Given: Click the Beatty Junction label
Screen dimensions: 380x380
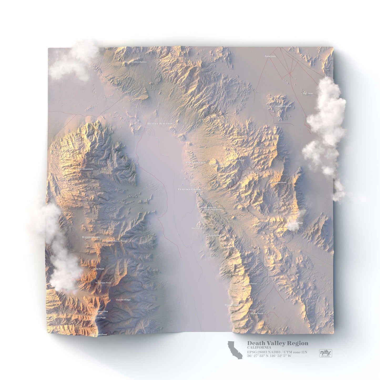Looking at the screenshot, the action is [160, 123].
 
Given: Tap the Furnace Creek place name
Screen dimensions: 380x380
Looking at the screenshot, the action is [189, 189].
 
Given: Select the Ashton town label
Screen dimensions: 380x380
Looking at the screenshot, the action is [270, 56].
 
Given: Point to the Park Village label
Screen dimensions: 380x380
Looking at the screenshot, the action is [196, 163].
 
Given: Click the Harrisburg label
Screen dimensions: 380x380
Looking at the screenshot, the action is [91, 237].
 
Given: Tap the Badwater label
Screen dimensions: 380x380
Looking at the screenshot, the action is [232, 305].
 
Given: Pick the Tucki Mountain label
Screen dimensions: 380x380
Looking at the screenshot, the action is [84, 169].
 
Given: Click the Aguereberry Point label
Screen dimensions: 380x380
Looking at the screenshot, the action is [116, 241].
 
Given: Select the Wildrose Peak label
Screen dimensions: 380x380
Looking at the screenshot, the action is [103, 283].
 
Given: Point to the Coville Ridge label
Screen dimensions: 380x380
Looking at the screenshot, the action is [123, 300].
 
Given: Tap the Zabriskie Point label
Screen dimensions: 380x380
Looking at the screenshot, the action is [213, 210].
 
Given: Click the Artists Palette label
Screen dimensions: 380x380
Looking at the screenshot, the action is [216, 235].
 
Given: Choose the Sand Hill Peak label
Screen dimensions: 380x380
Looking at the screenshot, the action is [283, 106].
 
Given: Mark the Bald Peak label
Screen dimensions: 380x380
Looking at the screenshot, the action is [99, 269].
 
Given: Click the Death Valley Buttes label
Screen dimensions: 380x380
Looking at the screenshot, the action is [136, 62].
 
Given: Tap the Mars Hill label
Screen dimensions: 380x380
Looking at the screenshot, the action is [196, 228].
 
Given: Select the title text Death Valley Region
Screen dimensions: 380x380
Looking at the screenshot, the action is [277, 343].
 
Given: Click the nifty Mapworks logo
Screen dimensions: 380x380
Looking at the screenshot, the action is [326, 353].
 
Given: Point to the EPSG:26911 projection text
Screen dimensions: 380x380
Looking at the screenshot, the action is [277, 352].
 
